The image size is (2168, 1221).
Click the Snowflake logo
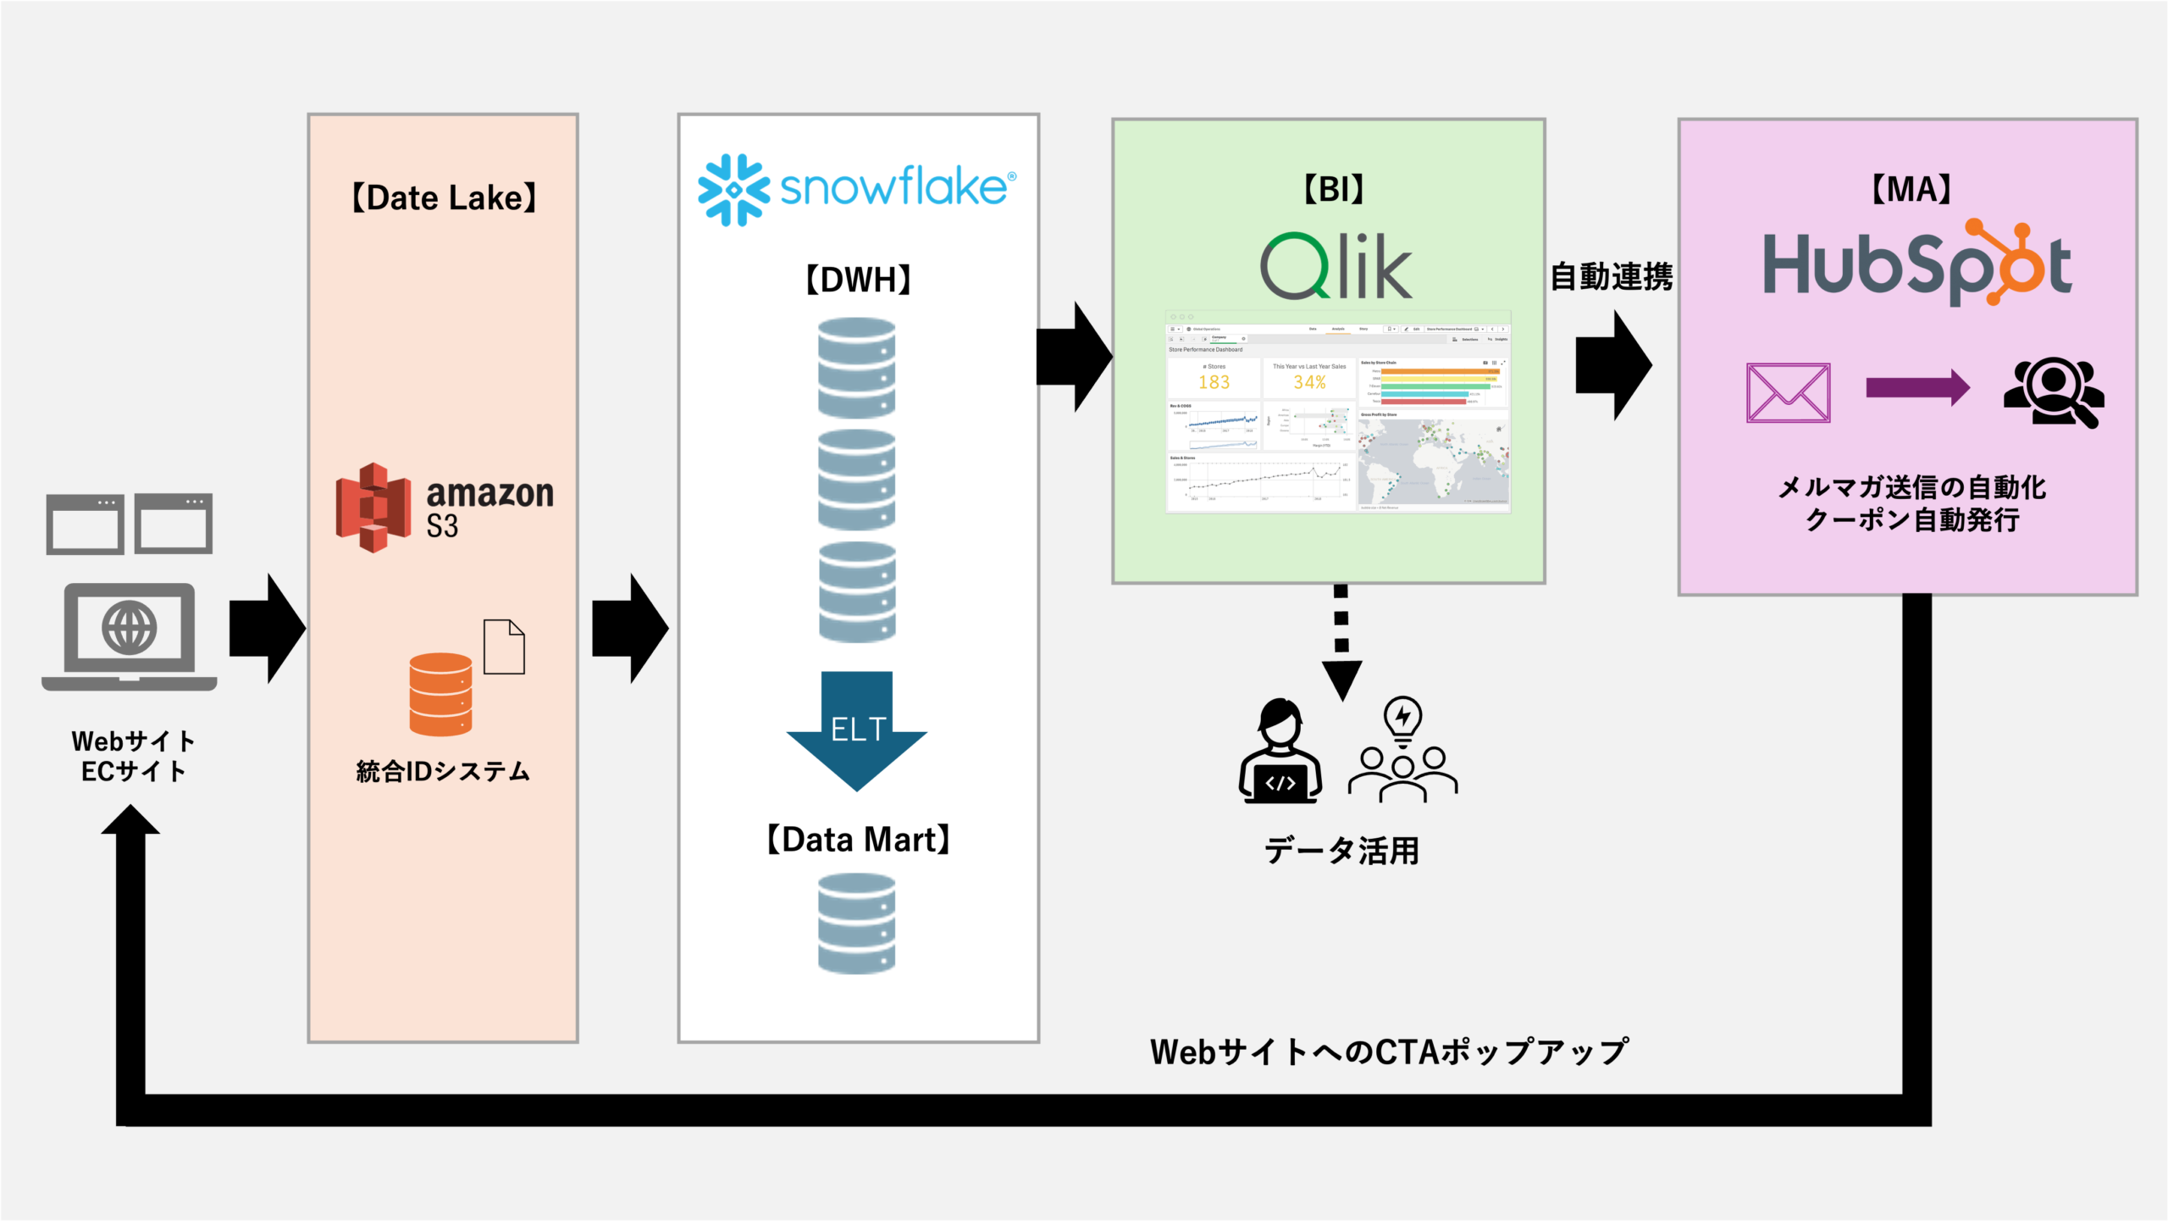click(855, 188)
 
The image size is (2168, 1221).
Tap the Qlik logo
click(1336, 266)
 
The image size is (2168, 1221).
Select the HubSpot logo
click(1917, 264)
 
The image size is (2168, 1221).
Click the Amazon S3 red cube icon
click(373, 508)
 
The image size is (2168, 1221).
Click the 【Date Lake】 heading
click(444, 198)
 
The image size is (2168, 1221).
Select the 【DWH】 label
click(858, 280)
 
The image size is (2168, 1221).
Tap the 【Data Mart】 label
click(858, 840)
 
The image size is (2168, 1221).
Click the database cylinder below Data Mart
click(857, 924)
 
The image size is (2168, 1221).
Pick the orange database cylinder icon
click(440, 694)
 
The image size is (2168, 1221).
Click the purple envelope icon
click(1788, 392)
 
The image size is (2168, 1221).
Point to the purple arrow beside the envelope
click(1917, 388)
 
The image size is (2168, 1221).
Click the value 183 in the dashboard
click(1214, 382)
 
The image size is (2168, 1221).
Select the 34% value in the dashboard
click(1309, 382)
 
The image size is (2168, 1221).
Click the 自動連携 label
click(1611, 277)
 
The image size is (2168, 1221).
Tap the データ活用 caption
click(1341, 851)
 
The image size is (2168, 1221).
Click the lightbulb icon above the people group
click(1402, 719)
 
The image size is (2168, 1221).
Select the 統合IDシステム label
click(443, 772)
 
